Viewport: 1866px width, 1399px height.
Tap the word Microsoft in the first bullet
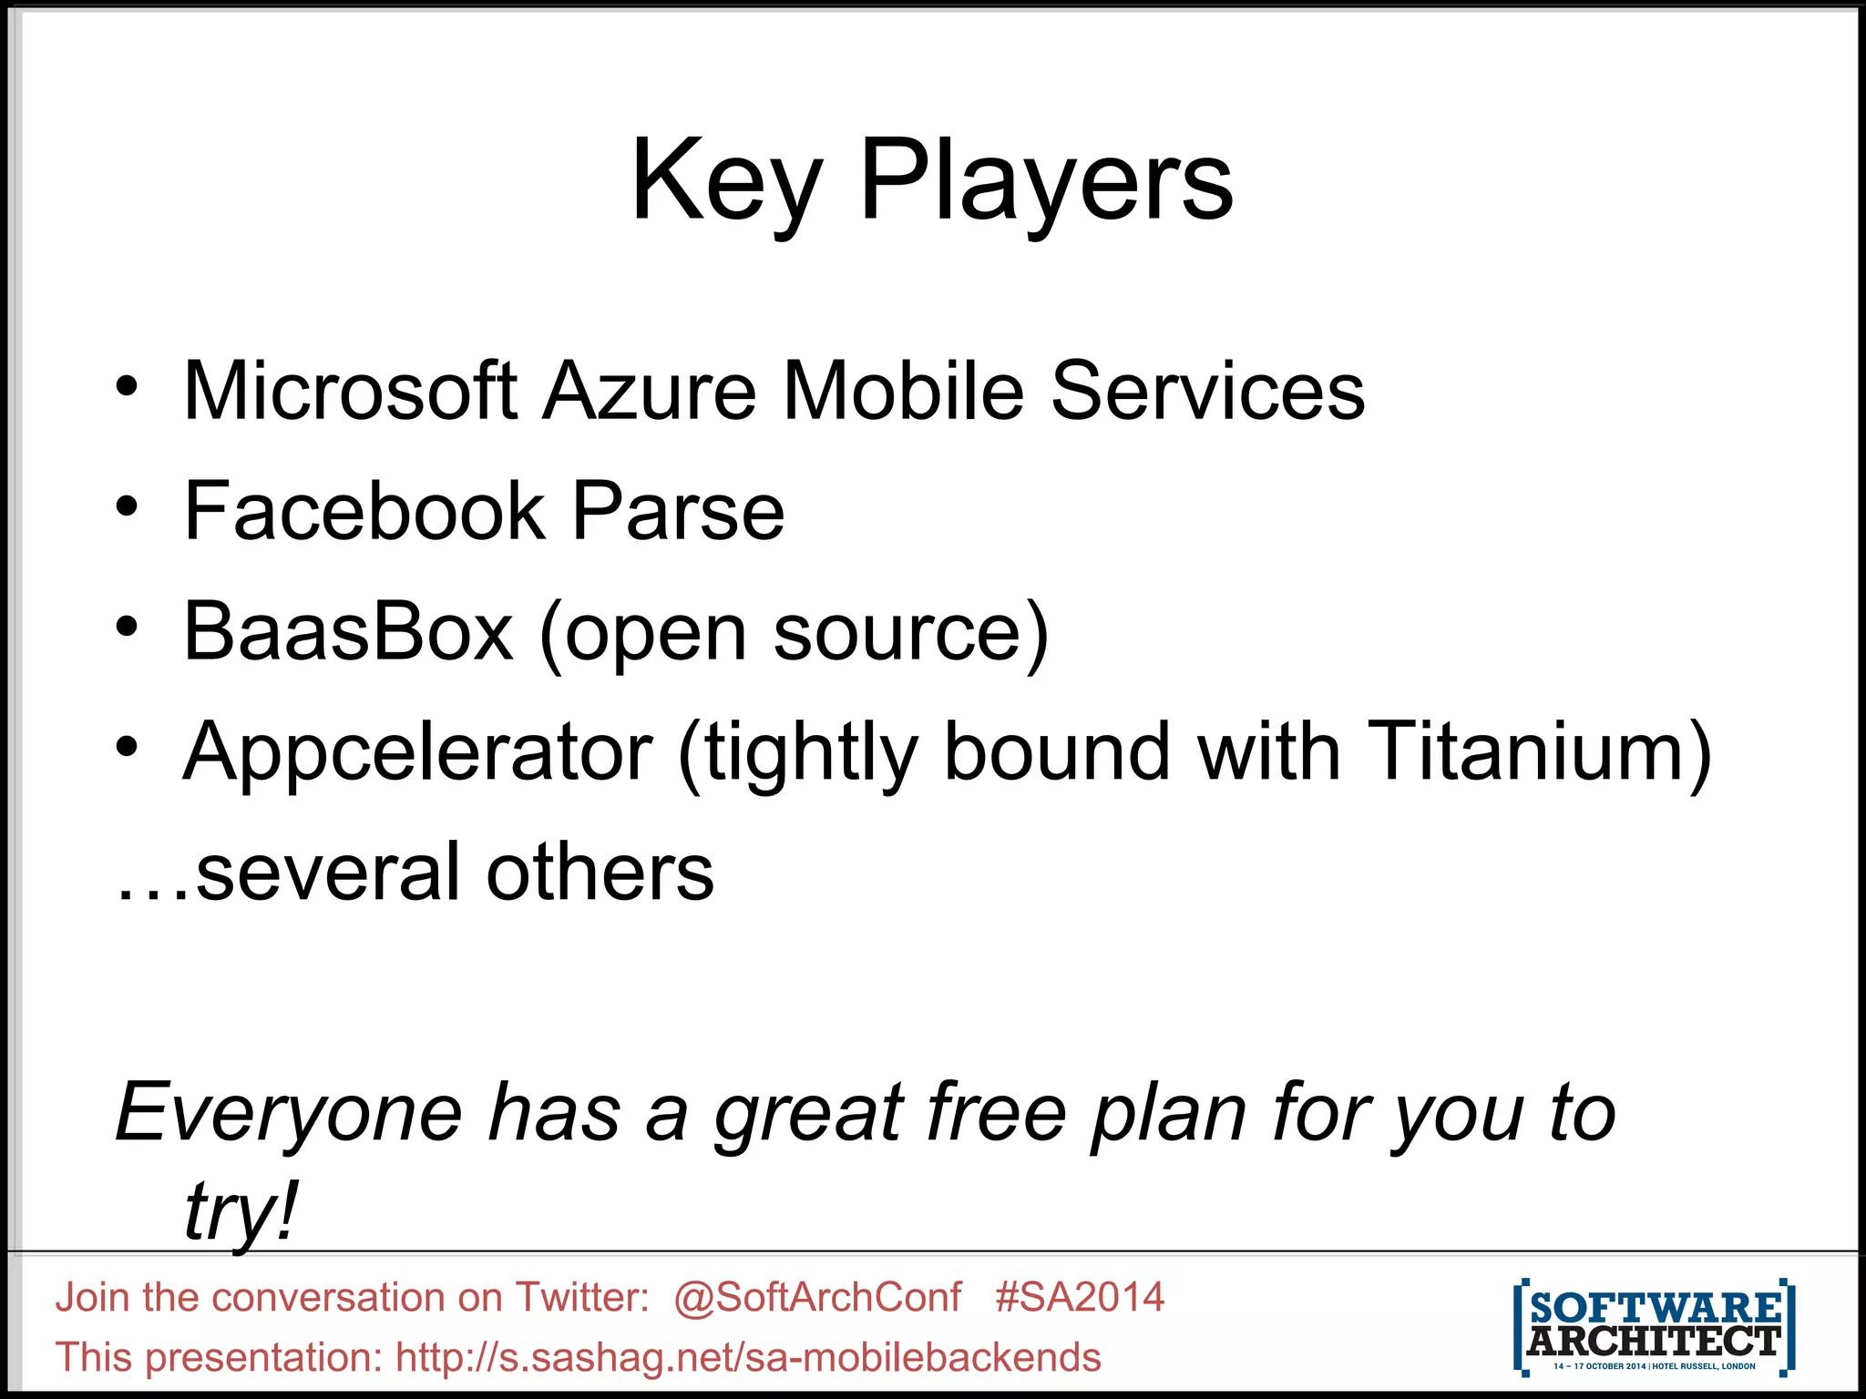click(351, 391)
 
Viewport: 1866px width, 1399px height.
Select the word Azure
click(649, 391)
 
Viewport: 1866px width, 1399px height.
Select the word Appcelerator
click(417, 752)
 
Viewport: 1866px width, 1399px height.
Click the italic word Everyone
click(289, 1113)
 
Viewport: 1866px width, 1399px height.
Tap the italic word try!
click(241, 1211)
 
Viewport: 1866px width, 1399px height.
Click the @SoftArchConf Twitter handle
click(817, 1296)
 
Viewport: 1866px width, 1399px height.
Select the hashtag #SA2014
click(1080, 1296)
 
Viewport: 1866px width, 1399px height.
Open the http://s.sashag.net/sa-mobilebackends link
click(748, 1357)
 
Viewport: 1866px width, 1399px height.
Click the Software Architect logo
click(1654, 1326)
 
